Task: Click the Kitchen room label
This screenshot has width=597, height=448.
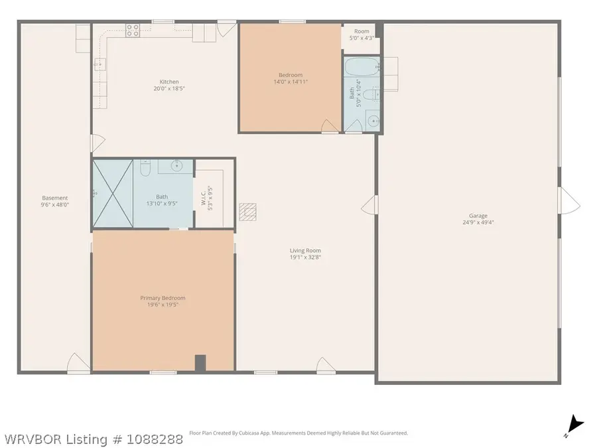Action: pyautogui.click(x=169, y=82)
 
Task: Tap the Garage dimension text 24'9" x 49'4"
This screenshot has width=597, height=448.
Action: pyautogui.click(x=478, y=222)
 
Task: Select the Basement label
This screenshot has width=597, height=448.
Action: pyautogui.click(x=55, y=198)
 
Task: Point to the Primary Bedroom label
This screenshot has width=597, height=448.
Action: pyautogui.click(x=163, y=298)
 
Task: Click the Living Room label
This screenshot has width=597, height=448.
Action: pyautogui.click(x=305, y=250)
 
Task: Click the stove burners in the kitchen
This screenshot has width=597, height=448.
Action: pyautogui.click(x=133, y=31)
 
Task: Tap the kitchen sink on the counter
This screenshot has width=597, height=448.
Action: pyautogui.click(x=99, y=64)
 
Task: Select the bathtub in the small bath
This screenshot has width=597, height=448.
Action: pyautogui.click(x=362, y=66)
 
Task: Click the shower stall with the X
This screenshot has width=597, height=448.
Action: pyautogui.click(x=113, y=194)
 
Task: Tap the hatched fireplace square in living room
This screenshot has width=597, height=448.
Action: pyautogui.click(x=247, y=212)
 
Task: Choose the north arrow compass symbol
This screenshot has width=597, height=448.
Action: pyautogui.click(x=574, y=426)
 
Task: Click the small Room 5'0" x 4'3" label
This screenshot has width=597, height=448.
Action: pyautogui.click(x=362, y=35)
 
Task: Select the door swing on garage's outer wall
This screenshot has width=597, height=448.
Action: pyautogui.click(x=569, y=200)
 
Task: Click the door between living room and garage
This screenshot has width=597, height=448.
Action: pyautogui.click(x=369, y=205)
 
